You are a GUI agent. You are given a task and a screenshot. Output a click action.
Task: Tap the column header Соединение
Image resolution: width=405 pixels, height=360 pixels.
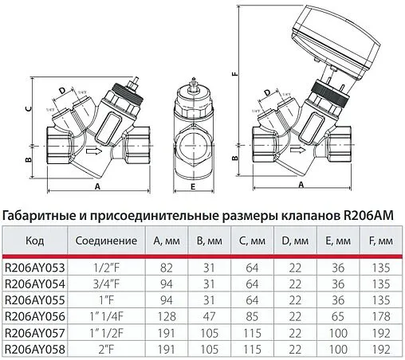pos(100,241)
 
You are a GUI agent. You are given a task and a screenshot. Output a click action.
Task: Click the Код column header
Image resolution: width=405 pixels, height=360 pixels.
pos(35,241)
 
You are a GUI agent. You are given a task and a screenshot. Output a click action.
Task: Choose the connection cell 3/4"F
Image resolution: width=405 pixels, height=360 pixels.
pos(100,284)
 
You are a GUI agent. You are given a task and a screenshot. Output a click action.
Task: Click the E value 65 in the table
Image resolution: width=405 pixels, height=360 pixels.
pos(335,316)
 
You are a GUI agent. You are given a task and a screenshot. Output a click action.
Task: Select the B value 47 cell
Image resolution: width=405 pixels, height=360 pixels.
pos(209,316)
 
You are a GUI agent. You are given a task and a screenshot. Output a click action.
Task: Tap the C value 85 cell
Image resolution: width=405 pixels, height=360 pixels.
pos(251,316)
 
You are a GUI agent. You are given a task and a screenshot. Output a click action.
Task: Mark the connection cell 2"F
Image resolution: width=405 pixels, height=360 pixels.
pos(100,348)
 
